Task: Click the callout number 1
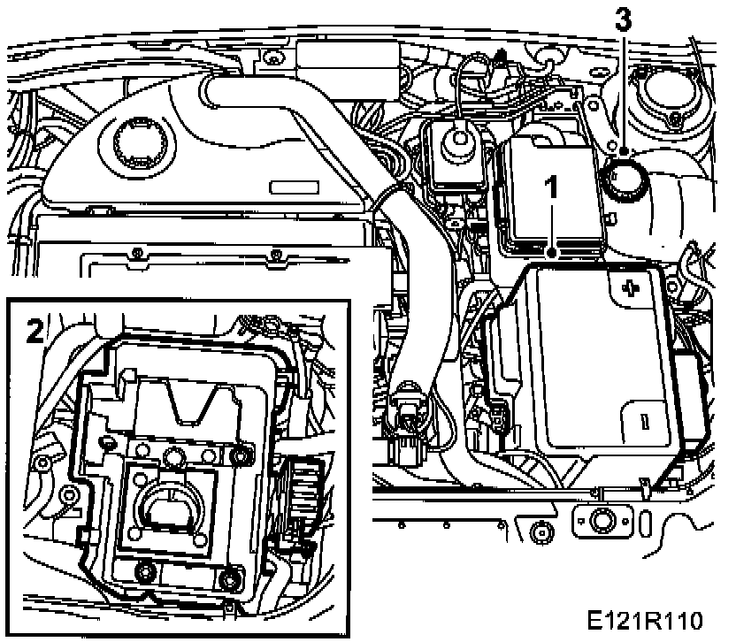pos(553,188)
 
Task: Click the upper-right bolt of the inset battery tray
pos(237,456)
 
